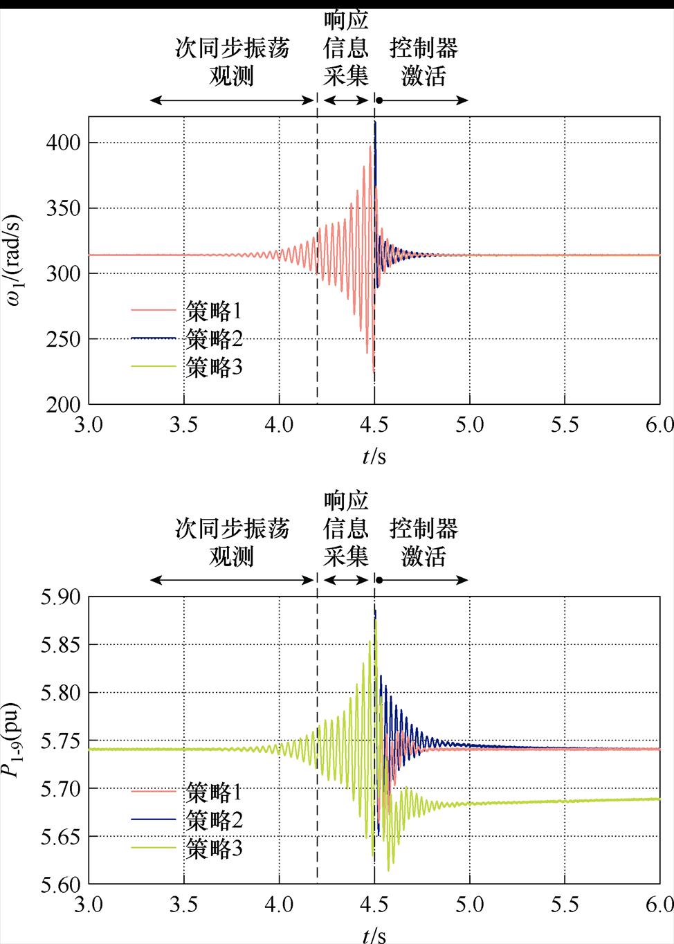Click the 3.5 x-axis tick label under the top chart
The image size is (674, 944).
(x=183, y=424)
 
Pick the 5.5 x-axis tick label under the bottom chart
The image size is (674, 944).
(x=565, y=905)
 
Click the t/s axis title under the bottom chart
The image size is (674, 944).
(x=374, y=935)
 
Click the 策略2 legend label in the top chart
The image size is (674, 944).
(x=214, y=339)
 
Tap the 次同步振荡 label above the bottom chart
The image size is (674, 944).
(x=232, y=529)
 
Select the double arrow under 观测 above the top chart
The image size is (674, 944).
(x=233, y=100)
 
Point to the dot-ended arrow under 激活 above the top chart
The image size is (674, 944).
(x=423, y=100)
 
